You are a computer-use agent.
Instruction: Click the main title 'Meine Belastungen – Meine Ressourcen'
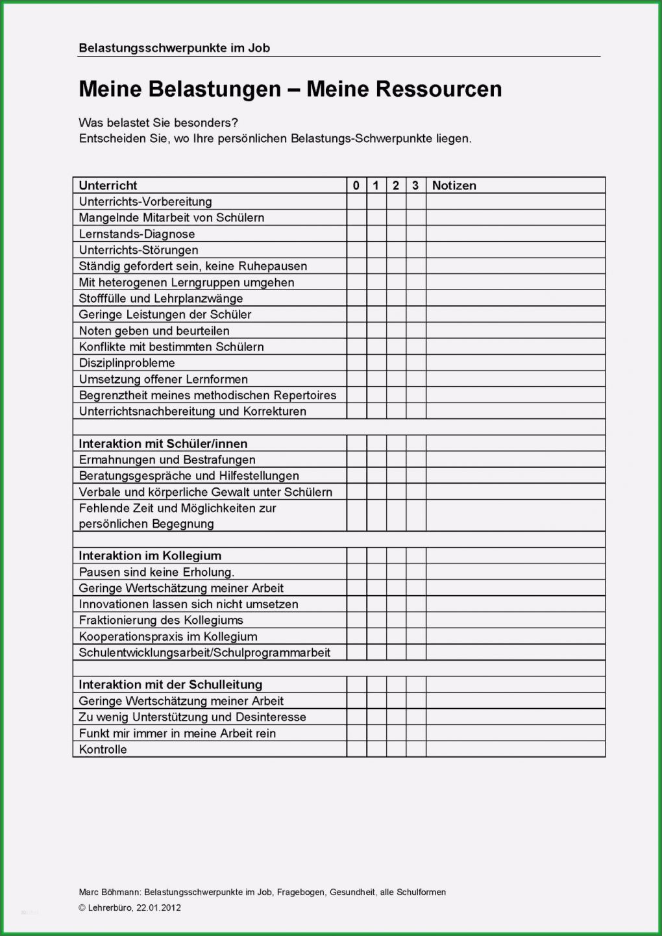(x=290, y=89)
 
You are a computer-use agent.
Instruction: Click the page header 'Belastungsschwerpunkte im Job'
(x=174, y=47)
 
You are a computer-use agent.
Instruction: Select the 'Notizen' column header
(x=454, y=186)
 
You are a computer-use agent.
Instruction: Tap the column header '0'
(x=356, y=186)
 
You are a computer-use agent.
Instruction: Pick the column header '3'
(x=415, y=186)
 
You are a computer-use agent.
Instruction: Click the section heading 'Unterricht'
(x=108, y=186)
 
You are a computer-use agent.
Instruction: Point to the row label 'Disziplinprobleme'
(x=127, y=363)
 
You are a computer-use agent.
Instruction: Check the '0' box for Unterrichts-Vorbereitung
(x=356, y=202)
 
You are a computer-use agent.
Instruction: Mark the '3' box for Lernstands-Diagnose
(x=415, y=234)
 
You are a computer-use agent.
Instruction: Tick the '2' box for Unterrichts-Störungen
(x=396, y=250)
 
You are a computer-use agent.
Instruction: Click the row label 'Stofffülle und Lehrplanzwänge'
(x=161, y=299)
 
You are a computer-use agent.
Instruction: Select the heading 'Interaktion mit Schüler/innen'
(x=163, y=444)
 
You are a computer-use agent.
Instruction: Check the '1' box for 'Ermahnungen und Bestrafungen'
(x=376, y=460)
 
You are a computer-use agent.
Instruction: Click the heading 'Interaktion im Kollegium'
(x=150, y=556)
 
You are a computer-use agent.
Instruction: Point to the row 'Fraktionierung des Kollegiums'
(x=161, y=620)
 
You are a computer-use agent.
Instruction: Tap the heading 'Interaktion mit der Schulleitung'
(x=170, y=685)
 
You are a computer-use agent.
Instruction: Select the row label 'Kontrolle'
(x=103, y=749)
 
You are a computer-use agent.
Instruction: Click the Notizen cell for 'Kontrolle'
(x=515, y=749)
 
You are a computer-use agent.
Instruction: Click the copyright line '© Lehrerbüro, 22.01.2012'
(x=130, y=907)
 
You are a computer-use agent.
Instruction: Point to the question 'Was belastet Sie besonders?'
(x=158, y=123)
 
